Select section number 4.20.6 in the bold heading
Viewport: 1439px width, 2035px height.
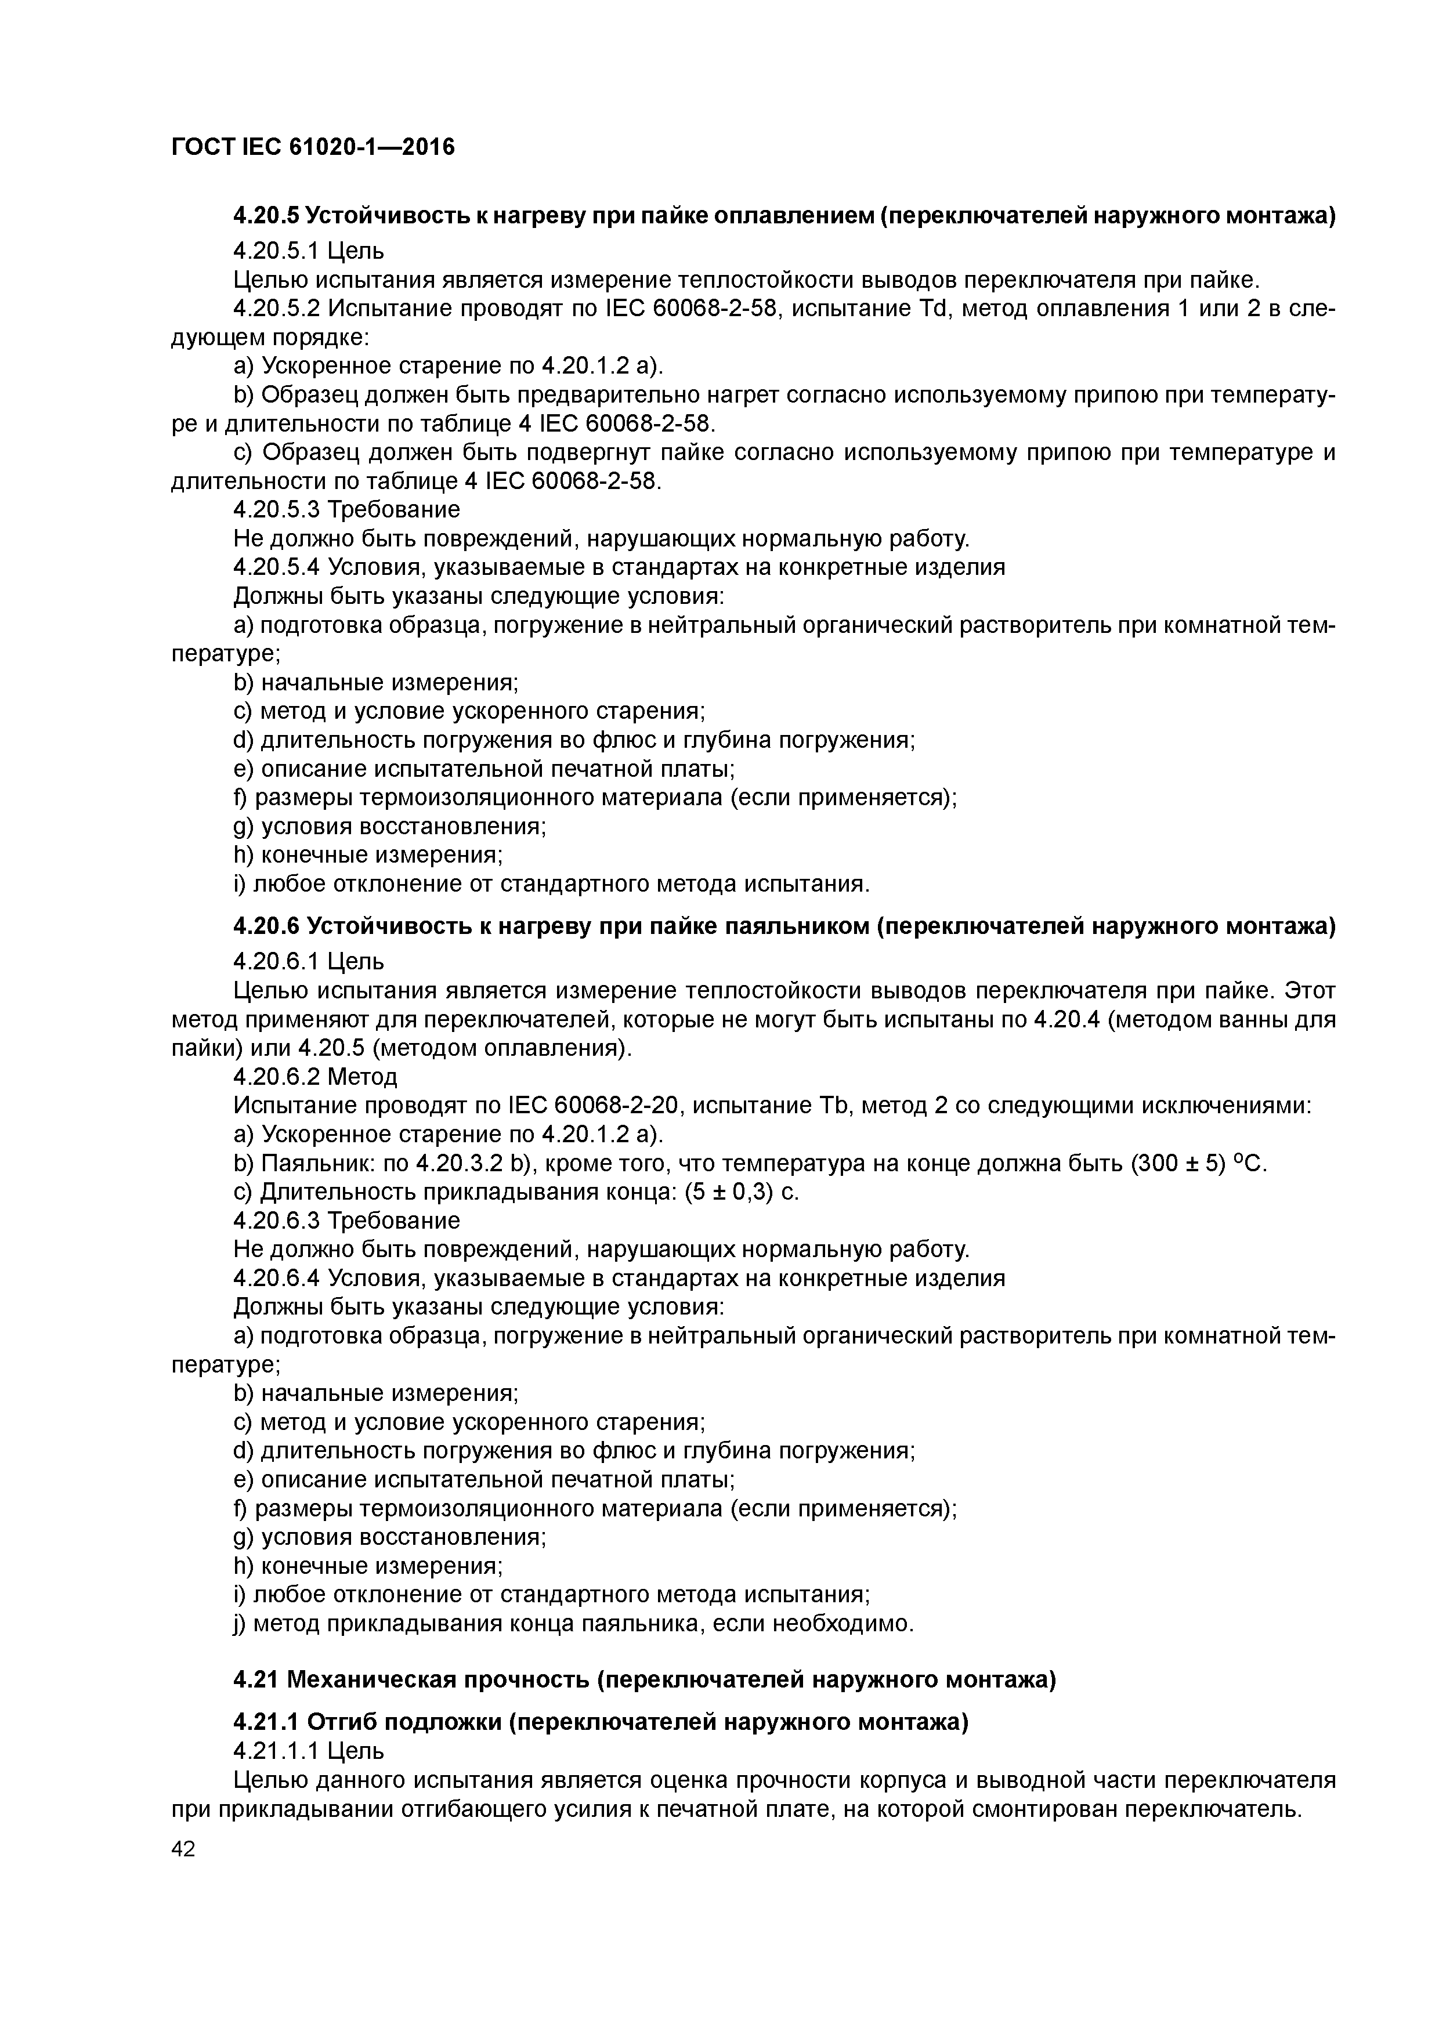tap(266, 926)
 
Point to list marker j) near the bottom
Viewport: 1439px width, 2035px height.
tap(240, 1624)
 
